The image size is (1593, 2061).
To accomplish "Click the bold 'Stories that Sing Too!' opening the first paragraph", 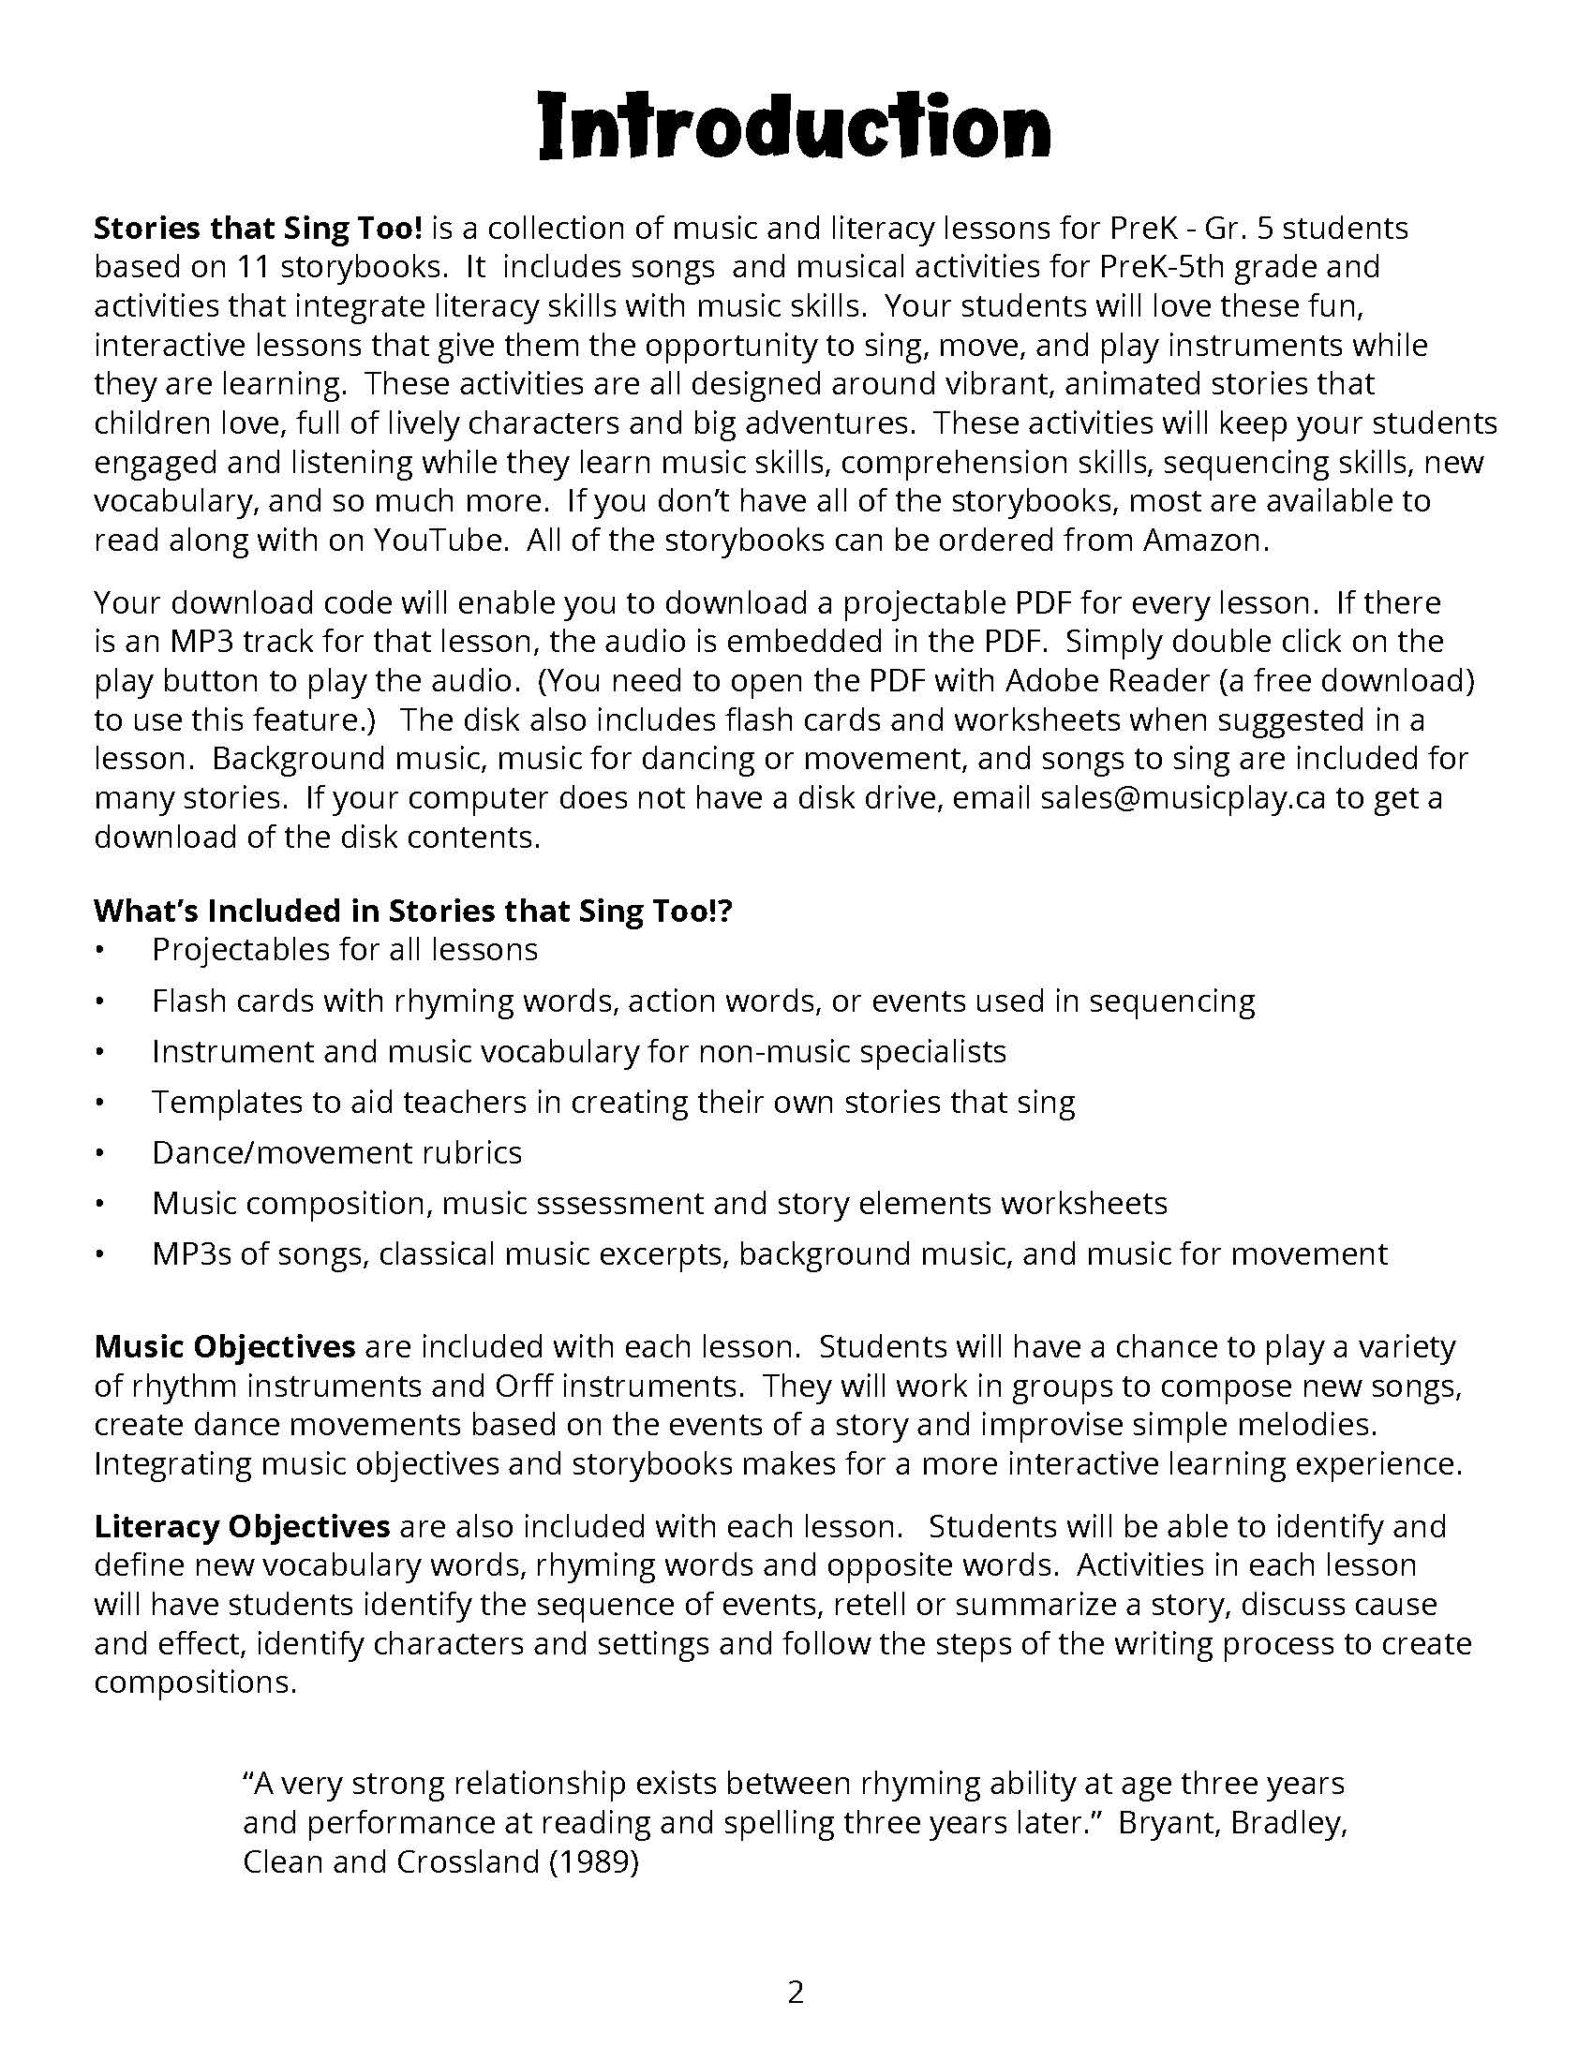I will [x=257, y=229].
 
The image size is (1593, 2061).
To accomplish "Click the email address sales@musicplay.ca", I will [x=1183, y=798].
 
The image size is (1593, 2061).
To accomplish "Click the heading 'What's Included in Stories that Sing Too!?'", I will [x=412, y=911].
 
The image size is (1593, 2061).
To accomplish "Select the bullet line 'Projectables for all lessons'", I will [x=345, y=949].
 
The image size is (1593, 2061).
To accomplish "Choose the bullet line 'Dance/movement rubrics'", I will [x=337, y=1152].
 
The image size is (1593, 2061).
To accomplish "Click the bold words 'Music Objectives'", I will [x=225, y=1346].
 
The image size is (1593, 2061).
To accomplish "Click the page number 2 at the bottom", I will [x=796, y=1992].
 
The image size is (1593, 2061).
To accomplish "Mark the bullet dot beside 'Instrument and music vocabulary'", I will [x=99, y=1052].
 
